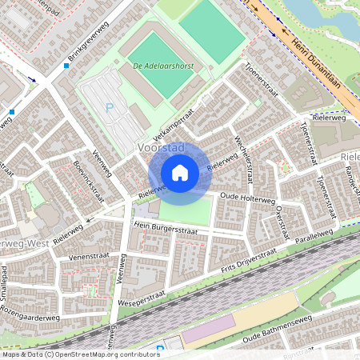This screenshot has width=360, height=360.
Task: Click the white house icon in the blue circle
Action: click(180, 173)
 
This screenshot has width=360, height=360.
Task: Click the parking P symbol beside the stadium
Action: click(110, 108)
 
